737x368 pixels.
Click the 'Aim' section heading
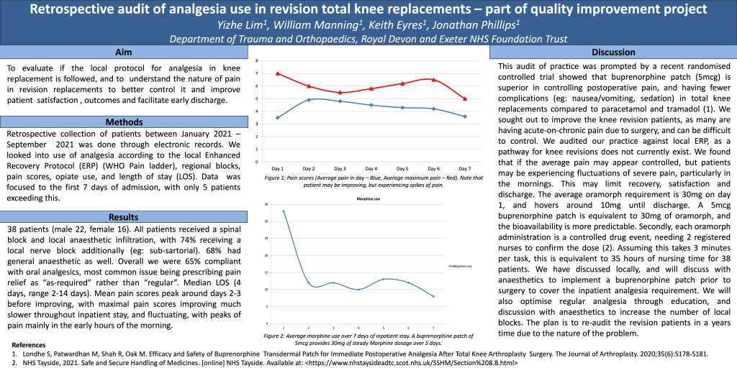123,52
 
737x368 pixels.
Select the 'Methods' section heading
123,122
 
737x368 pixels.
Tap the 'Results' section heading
123,217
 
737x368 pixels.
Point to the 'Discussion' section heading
612,52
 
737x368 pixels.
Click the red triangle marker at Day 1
277,73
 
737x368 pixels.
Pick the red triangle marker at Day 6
433,80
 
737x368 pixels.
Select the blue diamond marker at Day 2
309,100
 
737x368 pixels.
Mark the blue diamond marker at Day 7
465,116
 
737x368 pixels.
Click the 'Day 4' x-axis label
371,167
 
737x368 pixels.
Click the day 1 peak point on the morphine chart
284,211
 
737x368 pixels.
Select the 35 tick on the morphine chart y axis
266,205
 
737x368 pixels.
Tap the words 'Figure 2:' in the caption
276,336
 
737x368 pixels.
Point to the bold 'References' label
29,345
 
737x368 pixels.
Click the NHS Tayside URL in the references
410,363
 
